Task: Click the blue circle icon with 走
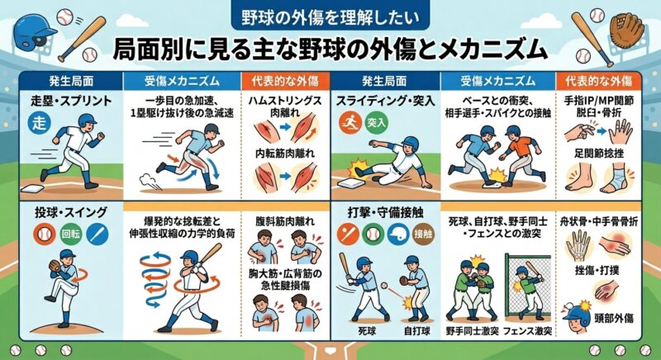(39, 123)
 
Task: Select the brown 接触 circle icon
(424, 234)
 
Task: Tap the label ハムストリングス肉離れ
(286, 107)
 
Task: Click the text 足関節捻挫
(598, 153)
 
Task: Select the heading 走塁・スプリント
(71, 101)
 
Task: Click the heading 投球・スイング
(71, 212)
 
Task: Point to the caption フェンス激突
(527, 331)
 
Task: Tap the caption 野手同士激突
(472, 331)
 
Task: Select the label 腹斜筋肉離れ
(285, 221)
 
